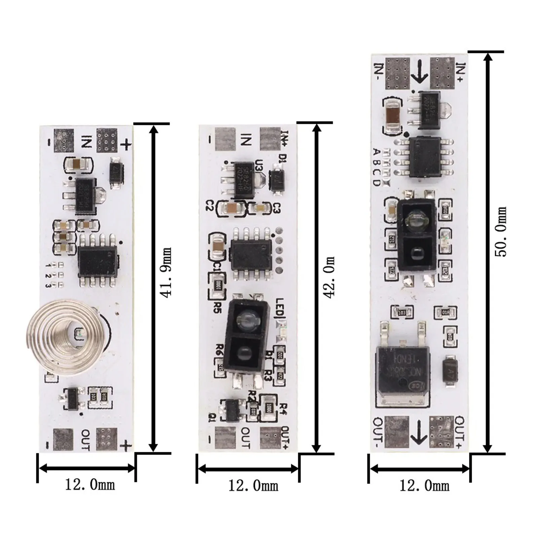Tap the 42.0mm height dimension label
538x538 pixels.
(329, 277)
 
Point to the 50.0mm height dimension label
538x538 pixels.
(501, 232)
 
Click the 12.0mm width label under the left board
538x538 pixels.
(90, 485)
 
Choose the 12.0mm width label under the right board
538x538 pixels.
(424, 486)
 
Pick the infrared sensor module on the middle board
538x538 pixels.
(249, 336)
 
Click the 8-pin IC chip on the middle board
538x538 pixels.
(251, 254)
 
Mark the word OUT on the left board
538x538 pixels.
(85, 439)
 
